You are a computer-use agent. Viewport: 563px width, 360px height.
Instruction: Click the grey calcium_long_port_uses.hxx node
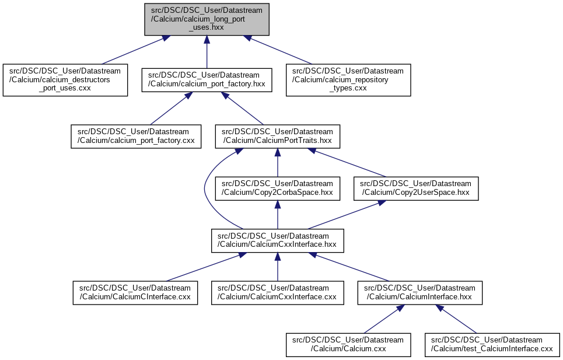click(207, 19)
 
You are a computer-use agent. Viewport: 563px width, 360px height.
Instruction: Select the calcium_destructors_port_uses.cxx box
click(65, 80)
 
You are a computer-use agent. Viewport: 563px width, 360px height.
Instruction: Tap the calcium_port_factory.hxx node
click(207, 80)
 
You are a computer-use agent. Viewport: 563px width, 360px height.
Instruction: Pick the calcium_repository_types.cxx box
click(348, 80)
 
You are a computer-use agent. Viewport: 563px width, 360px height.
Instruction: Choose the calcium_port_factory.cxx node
click(135, 136)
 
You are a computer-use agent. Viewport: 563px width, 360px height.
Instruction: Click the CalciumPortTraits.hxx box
click(277, 136)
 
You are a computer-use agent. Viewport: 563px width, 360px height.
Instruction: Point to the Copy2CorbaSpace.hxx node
click(277, 188)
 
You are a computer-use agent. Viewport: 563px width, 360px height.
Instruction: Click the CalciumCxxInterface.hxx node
click(277, 240)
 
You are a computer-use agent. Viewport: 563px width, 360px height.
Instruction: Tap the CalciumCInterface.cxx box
click(135, 292)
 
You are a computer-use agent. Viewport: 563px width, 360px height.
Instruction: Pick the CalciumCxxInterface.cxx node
click(277, 292)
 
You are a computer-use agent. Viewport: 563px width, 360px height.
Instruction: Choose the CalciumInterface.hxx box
click(419, 292)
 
